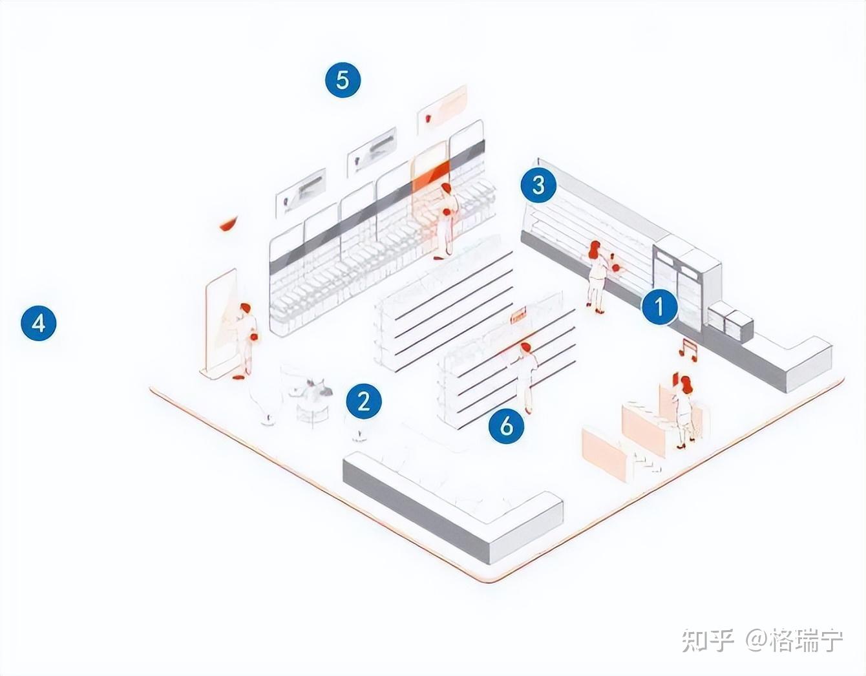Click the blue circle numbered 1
[x=659, y=306]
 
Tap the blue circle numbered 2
[x=364, y=401]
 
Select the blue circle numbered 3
[x=538, y=185]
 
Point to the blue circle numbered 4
[x=39, y=322]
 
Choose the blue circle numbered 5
[x=343, y=79]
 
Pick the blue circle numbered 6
[x=506, y=425]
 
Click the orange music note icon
[x=688, y=349]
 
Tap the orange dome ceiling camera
[x=227, y=224]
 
